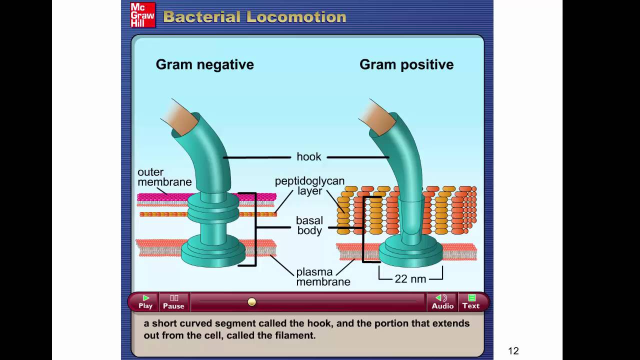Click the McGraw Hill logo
click(142, 15)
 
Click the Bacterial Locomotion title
click(254, 17)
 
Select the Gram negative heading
click(204, 64)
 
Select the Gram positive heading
click(406, 64)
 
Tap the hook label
click(308, 157)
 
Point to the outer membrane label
click(164, 177)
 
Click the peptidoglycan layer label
click(309, 186)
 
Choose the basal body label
click(309, 225)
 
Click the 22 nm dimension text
click(410, 279)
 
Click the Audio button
click(442, 302)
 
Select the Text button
click(470, 302)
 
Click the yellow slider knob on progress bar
click(252, 301)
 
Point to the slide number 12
click(513, 351)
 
